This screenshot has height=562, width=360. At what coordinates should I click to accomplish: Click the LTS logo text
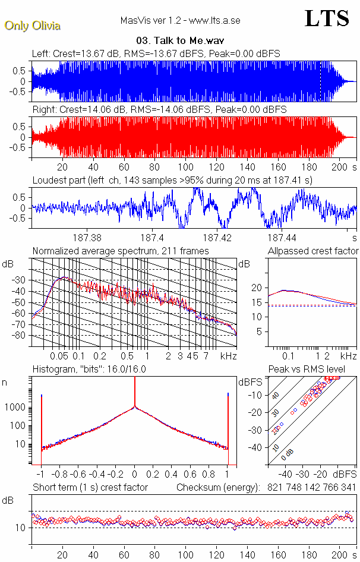(327, 19)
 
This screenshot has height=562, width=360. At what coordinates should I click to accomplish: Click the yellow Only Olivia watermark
(33, 26)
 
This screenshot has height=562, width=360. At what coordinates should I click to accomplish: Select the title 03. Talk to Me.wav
(179, 41)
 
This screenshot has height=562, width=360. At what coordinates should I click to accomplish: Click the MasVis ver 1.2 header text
(180, 21)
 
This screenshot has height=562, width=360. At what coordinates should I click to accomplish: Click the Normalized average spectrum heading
(121, 251)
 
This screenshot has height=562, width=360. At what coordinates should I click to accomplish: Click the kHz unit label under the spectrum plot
(228, 356)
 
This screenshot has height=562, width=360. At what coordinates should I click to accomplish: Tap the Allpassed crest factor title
(313, 251)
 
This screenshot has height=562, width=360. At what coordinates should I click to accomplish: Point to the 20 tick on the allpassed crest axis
(257, 288)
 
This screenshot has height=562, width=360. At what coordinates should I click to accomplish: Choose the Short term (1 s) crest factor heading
(90, 488)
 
